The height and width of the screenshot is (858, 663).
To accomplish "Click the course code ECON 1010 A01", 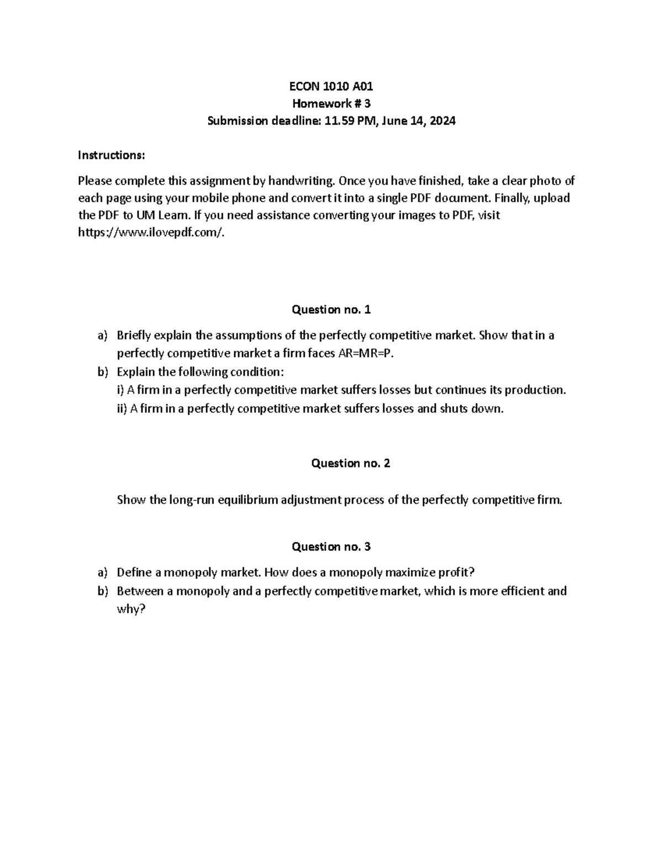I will tap(331, 86).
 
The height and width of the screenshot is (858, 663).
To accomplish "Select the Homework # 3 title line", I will tap(331, 103).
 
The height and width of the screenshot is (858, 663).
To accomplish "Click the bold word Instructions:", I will tap(111, 155).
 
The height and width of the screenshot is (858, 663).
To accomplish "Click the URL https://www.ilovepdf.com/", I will tap(152, 233).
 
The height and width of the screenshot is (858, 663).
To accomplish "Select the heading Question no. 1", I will tap(331, 309).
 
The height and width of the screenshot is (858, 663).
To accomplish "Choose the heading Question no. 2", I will tap(350, 463).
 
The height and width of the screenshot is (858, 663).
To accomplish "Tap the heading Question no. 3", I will tap(331, 546).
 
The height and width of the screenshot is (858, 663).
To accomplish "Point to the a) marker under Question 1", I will tap(101, 335).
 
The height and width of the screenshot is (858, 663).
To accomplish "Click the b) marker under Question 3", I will tap(101, 591).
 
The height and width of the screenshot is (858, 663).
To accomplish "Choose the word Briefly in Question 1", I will tap(134, 335).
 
